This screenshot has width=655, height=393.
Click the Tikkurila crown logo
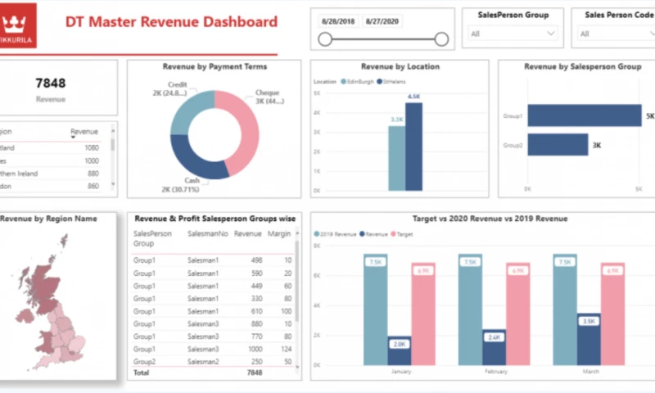(x=18, y=22)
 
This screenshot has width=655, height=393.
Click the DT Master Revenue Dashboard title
(x=171, y=22)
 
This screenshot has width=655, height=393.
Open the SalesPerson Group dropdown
(x=513, y=34)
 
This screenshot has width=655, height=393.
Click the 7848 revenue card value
(x=51, y=83)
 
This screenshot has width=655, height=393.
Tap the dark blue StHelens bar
(x=414, y=146)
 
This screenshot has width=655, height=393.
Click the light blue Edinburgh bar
(x=396, y=157)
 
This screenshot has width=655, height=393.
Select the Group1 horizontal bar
(x=584, y=115)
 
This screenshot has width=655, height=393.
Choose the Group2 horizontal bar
(x=558, y=145)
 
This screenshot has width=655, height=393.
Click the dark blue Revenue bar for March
(x=587, y=339)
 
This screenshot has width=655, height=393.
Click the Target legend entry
(x=403, y=234)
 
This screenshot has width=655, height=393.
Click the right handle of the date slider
(x=442, y=39)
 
